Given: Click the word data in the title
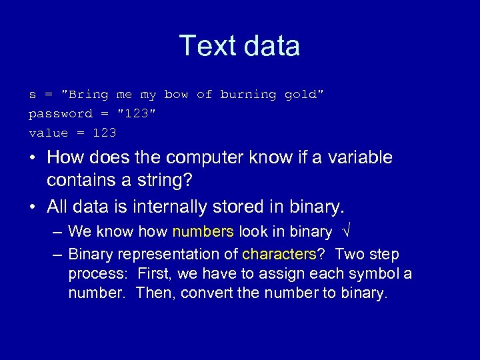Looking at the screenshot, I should tap(273, 46).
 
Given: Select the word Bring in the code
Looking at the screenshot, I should tap(89, 95).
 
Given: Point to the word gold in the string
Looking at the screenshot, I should tap(301, 95).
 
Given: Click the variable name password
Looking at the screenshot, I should tap(61, 114).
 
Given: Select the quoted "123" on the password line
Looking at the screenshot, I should tap(137, 114).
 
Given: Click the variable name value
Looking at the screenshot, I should tap(48, 133).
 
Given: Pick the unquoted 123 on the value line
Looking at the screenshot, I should tap(105, 133).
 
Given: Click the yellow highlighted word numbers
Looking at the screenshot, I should tap(203, 232).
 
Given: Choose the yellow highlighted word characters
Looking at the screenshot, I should tap(279, 255).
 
